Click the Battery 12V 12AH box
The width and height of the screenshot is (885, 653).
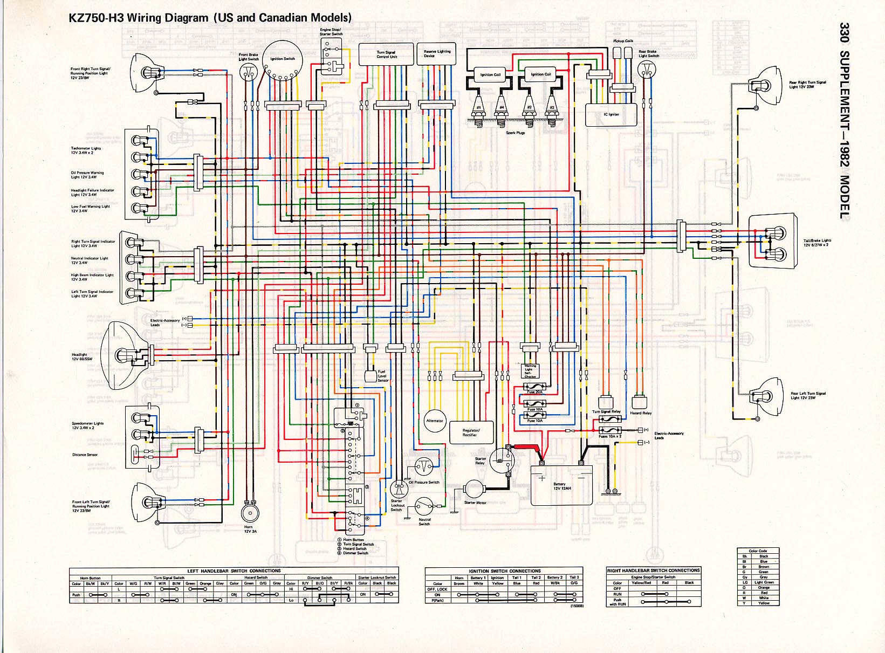pos(561,486)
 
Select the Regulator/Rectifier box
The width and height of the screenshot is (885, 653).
pos(471,433)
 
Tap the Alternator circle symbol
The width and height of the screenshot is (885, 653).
pos(435,421)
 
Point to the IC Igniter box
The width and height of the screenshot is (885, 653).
pos(611,114)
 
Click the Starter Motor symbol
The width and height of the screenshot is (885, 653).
pos(475,489)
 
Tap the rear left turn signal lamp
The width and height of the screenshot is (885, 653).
pos(765,397)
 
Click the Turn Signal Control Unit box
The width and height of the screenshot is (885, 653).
pos(386,54)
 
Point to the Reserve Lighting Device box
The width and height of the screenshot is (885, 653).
pos(436,54)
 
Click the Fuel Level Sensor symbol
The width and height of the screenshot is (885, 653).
pos(370,376)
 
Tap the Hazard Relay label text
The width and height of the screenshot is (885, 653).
pos(641,413)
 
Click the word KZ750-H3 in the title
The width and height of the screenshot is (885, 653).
pos(96,18)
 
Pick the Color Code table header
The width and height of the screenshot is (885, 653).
pos(758,551)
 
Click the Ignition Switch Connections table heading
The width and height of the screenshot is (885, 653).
pos(505,570)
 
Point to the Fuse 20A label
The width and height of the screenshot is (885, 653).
pos(535,392)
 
